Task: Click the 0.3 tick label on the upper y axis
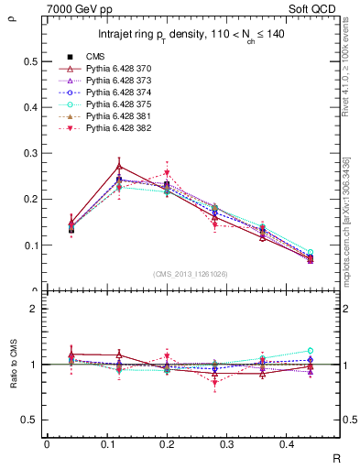click(32, 153)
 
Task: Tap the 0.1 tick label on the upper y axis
click(32, 245)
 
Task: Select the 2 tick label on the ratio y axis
click(37, 309)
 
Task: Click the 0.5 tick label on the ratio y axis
click(32, 420)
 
